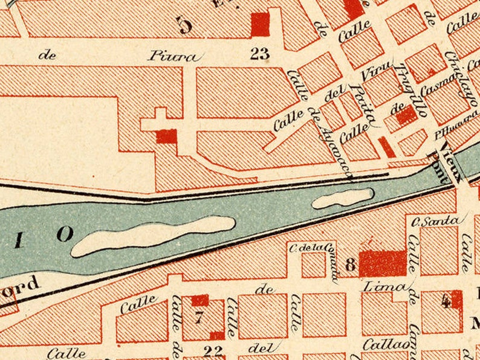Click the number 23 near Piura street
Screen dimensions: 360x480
[259, 54]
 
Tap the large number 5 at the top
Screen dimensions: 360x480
[184, 25]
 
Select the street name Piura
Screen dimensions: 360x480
[173, 57]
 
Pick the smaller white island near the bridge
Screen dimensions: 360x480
[342, 198]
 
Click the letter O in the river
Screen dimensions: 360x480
[65, 234]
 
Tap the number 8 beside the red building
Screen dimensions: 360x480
[350, 265]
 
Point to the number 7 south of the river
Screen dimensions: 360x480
[198, 317]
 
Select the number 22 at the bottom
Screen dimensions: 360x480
[213, 351]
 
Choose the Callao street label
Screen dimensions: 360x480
[386, 344]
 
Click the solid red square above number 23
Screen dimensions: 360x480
[260, 25]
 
